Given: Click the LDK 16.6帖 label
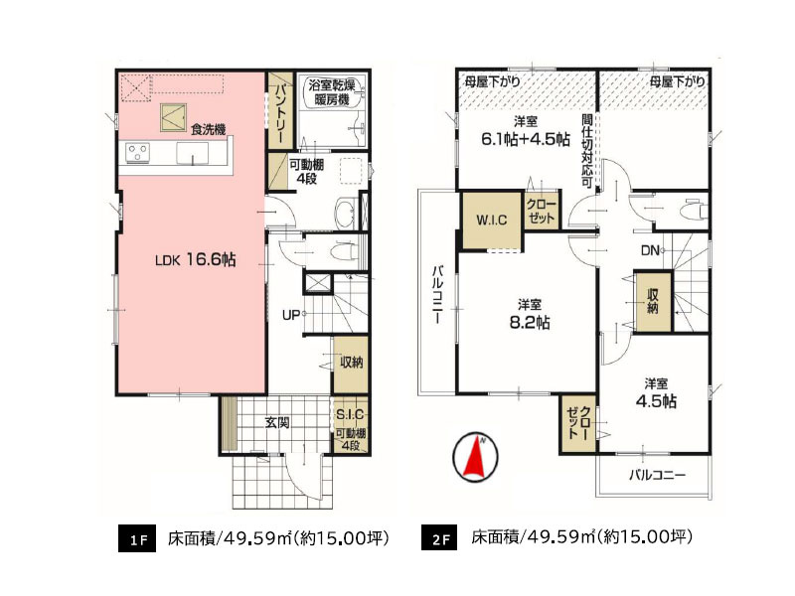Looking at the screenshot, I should (195, 259).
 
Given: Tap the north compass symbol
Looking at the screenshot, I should (475, 457).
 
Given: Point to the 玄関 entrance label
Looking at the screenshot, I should (277, 422).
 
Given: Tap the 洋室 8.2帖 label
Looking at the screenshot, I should (528, 314).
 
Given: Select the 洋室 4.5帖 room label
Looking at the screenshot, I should (655, 392).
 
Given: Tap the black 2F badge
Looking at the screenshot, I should (440, 539).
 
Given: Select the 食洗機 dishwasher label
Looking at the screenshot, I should (209, 128).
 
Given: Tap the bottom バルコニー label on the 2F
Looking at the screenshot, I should (656, 474).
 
